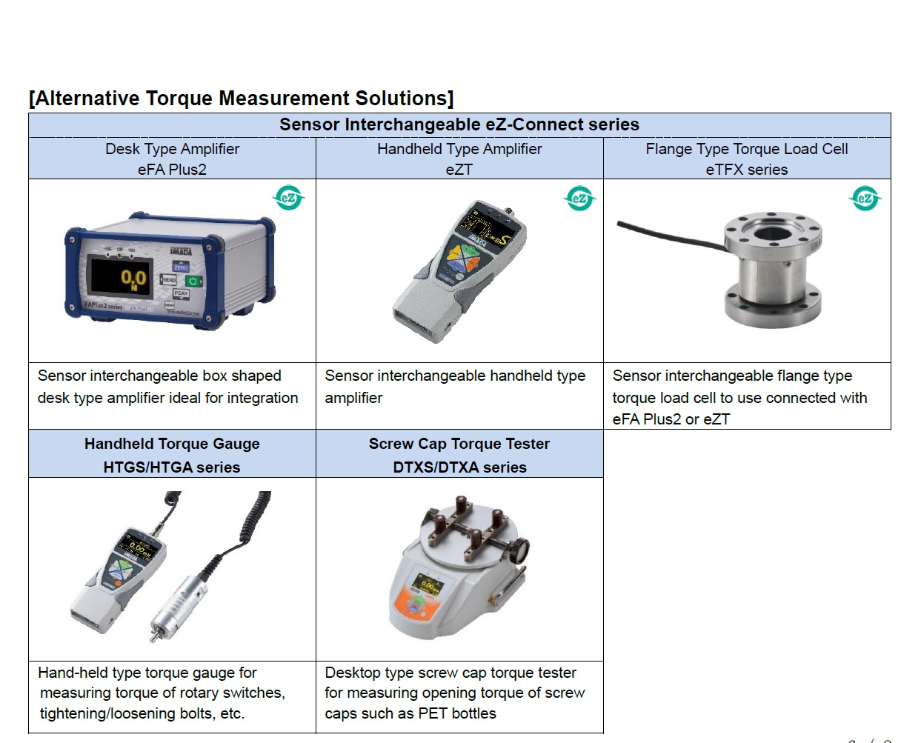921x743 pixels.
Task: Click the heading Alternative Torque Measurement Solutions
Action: [241, 99]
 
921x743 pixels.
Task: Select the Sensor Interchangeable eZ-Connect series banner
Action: [459, 124]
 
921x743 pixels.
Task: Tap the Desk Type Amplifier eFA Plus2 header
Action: [172, 159]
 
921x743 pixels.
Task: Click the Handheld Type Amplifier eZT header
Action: [459, 159]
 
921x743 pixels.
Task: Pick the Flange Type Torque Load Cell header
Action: [746, 159]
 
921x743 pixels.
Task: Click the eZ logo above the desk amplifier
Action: [289, 198]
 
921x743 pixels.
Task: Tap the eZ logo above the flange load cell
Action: [864, 198]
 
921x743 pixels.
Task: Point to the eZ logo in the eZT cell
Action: [579, 198]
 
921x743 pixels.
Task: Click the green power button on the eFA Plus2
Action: [193, 281]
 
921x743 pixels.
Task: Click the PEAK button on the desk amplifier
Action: [181, 293]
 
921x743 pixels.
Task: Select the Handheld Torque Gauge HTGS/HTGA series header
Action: [172, 455]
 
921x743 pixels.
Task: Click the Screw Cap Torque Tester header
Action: [459, 455]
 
